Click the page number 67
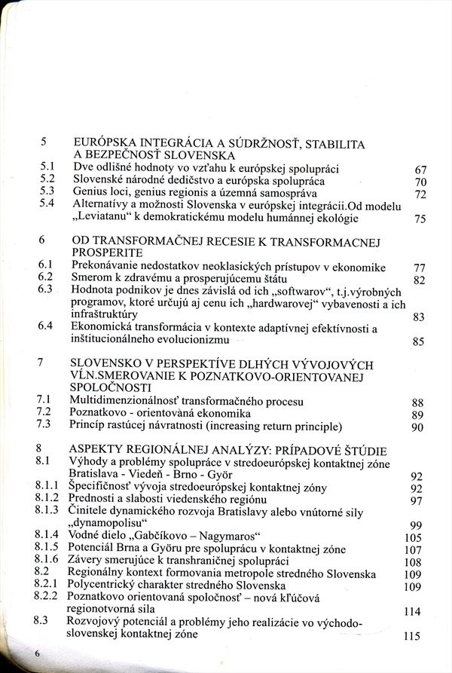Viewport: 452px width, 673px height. tap(420, 170)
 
